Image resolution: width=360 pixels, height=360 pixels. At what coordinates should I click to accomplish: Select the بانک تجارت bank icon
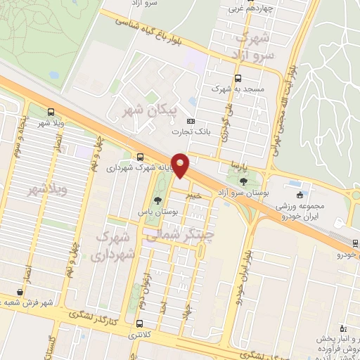tap(198, 120)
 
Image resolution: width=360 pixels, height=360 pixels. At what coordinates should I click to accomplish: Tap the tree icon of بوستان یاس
tap(156, 200)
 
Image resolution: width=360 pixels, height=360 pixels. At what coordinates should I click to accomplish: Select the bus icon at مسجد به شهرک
tap(238, 79)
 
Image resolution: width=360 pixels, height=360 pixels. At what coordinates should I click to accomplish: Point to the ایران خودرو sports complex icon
tap(301, 195)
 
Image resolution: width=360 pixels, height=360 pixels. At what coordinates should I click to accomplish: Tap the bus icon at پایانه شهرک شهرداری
tap(141, 157)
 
